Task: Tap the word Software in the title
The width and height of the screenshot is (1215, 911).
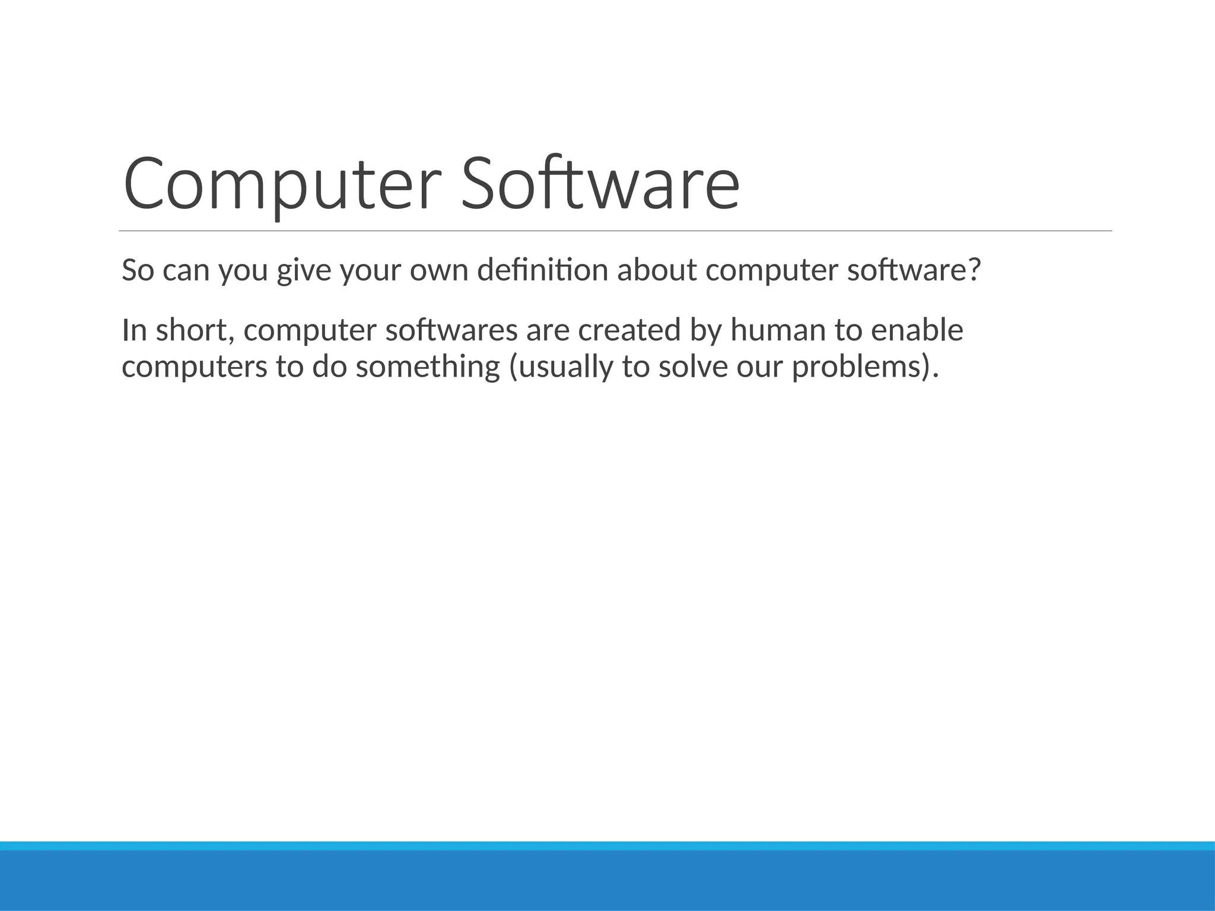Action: [x=600, y=184]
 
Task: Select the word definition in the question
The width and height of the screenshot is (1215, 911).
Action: [x=542, y=270]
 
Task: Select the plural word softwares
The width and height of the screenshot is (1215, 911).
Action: [x=451, y=330]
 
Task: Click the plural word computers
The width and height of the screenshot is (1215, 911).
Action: [x=195, y=367]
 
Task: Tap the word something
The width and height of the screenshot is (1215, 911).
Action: [x=428, y=367]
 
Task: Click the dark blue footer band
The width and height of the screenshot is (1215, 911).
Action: [x=607, y=881]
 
